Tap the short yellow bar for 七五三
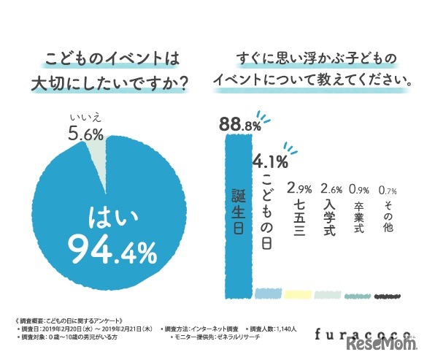(299, 294)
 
